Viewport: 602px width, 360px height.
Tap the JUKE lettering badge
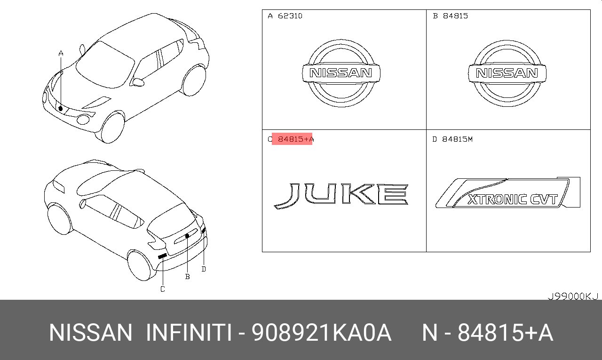click(x=341, y=196)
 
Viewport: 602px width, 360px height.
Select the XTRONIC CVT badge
click(x=507, y=192)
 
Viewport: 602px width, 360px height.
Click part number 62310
click(x=290, y=16)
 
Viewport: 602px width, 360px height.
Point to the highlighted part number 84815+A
click(x=296, y=139)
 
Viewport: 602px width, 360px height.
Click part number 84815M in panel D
click(x=458, y=139)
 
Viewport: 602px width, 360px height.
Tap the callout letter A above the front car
click(x=61, y=54)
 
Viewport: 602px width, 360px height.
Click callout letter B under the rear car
click(x=188, y=276)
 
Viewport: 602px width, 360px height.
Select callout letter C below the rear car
click(x=163, y=289)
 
